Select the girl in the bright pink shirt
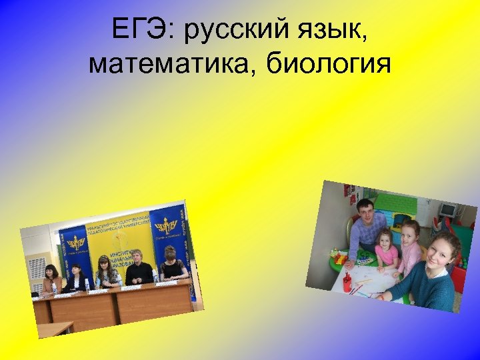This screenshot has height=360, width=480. tap(387, 250)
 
